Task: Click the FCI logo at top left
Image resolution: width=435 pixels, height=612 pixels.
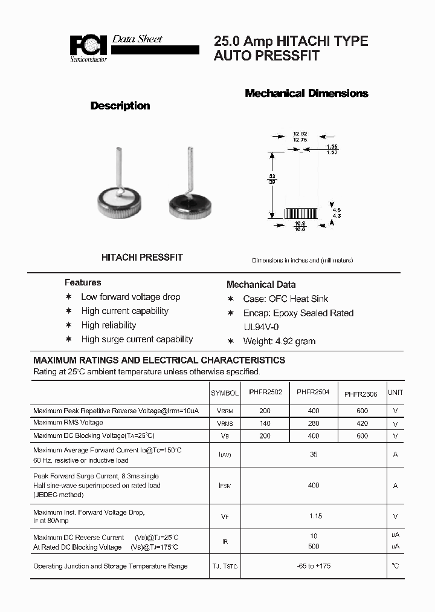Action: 88,47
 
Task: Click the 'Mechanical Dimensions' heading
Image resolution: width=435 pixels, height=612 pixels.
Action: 306,93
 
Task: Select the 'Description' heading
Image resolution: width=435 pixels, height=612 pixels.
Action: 120,106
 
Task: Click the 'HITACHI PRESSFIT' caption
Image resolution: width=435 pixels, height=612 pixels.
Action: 142,257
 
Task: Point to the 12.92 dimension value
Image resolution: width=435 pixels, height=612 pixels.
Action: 300,133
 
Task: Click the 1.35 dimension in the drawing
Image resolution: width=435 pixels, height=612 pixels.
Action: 332,147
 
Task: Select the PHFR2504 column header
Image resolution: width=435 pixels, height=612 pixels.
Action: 313,392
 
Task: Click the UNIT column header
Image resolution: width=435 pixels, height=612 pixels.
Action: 395,392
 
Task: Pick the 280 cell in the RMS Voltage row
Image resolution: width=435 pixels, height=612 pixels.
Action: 313,423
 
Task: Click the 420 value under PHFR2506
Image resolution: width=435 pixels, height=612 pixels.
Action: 361,423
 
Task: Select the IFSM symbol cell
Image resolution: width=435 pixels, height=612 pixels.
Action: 225,486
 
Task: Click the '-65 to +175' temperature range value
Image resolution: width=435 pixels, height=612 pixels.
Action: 314,566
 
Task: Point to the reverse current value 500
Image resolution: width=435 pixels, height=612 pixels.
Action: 313,547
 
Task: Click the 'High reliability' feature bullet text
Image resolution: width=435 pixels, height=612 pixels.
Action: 109,325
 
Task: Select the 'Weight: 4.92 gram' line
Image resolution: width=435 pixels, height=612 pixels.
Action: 279,341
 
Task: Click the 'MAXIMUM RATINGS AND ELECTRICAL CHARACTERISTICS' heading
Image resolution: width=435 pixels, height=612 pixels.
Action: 159,360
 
